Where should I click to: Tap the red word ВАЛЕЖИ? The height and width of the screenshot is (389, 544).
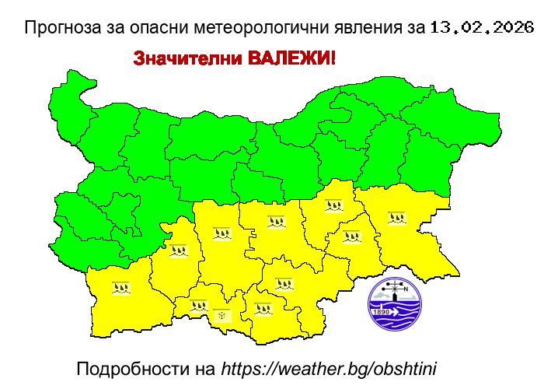point(291,59)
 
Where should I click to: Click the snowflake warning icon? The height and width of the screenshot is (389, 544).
point(222,315)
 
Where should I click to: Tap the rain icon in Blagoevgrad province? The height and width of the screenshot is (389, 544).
point(120,288)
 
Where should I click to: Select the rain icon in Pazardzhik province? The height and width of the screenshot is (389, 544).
point(180,251)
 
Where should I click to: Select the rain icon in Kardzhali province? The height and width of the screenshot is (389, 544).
point(263,308)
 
